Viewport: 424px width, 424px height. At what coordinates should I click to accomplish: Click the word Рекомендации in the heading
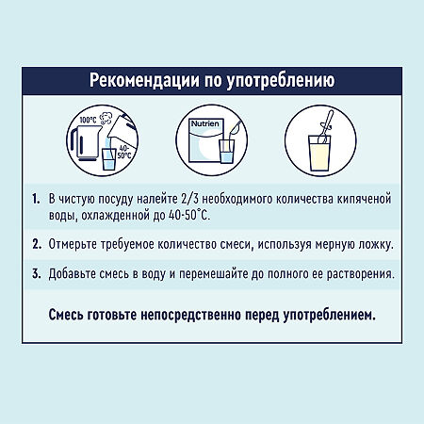point(144,80)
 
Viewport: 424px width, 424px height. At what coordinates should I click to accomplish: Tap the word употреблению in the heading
point(280,81)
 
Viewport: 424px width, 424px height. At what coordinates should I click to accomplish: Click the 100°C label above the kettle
point(88,120)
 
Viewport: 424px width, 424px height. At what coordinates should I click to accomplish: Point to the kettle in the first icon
point(84,143)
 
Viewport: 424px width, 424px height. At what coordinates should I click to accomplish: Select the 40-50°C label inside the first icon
point(124,152)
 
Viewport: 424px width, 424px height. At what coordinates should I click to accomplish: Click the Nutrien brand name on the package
point(205,123)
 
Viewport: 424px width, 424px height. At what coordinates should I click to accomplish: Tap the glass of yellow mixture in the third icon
point(319,154)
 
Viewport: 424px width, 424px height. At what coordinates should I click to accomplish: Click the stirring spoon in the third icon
point(325,126)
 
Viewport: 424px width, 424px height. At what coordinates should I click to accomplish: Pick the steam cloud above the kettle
point(106,118)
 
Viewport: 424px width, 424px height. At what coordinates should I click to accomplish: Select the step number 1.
point(36,199)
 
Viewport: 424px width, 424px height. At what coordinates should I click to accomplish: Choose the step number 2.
point(37,244)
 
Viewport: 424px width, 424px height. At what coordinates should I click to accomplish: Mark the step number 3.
point(37,273)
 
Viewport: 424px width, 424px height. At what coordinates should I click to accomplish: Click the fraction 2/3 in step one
point(189,199)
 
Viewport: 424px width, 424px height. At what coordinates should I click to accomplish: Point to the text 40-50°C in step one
point(188,216)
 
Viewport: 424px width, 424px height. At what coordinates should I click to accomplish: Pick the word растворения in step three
point(361,274)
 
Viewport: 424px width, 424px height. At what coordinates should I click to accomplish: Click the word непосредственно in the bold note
point(190,315)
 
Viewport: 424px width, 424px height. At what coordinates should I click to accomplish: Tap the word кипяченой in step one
point(364,199)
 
